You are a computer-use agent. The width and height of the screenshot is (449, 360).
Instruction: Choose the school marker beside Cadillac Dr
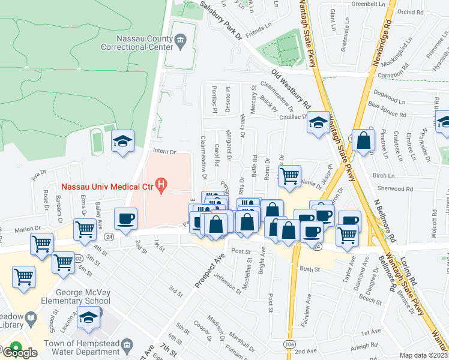(x=318, y=124)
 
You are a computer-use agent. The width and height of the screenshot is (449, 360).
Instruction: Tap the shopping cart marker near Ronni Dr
(x=289, y=176)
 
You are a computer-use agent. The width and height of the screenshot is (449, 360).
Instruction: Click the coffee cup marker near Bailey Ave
(x=125, y=220)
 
